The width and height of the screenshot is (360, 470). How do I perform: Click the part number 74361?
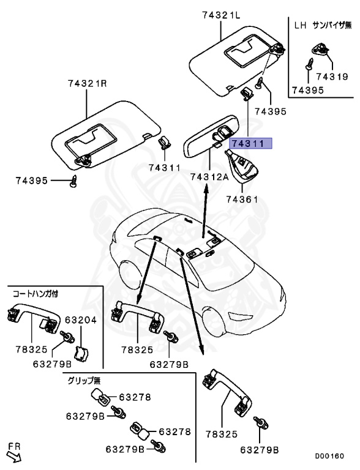coord(244,199)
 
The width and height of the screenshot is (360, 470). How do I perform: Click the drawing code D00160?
coord(329,456)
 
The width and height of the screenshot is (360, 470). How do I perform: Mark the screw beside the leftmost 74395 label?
coord(74,181)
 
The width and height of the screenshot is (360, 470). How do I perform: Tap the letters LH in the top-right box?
coord(300,25)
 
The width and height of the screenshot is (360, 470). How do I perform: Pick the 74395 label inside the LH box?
coord(306,90)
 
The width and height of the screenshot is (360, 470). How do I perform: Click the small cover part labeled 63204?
coord(80,354)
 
